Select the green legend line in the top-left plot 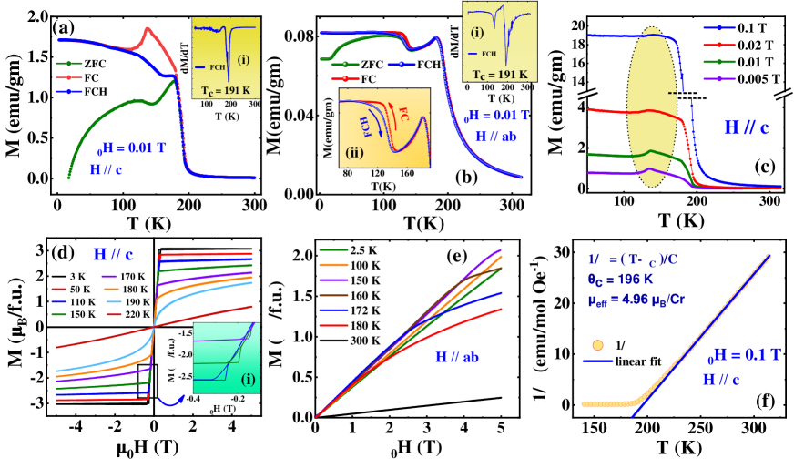69,64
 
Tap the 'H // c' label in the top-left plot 105,169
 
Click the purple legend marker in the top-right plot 719,79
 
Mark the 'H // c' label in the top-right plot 747,128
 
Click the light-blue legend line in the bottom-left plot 113,301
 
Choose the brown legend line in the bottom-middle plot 333,295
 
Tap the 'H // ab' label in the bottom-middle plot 456,358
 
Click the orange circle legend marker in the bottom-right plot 598,345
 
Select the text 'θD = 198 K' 624,277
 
